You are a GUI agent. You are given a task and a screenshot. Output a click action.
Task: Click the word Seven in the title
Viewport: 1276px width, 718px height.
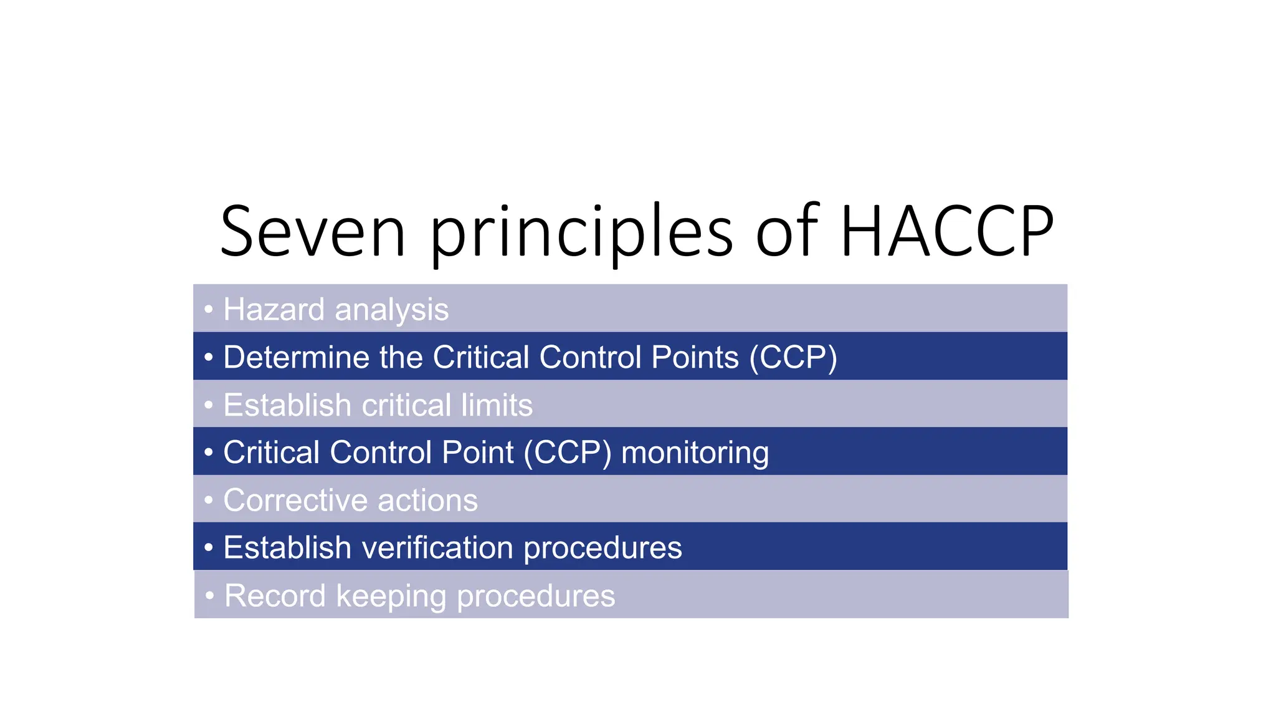click(x=313, y=232)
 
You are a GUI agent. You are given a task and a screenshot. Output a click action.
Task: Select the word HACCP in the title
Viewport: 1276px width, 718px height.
click(x=946, y=232)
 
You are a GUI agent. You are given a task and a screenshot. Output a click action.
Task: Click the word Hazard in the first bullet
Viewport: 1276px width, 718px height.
click(x=274, y=310)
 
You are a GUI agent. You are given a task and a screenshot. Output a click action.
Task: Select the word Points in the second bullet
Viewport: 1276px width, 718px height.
click(x=695, y=358)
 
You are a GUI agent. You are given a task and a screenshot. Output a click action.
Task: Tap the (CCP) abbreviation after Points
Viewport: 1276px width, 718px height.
click(x=793, y=358)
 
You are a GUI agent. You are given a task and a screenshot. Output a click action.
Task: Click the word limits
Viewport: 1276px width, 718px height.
click(x=497, y=405)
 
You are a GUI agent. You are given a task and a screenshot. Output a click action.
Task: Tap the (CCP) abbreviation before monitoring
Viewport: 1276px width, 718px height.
click(x=568, y=453)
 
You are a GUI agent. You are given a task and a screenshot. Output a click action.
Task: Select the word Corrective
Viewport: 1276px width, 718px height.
click(x=295, y=500)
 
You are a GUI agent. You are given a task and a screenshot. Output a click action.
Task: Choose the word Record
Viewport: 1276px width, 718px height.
click(x=275, y=596)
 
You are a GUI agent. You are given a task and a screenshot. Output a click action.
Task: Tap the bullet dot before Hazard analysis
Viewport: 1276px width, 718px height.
click(x=209, y=309)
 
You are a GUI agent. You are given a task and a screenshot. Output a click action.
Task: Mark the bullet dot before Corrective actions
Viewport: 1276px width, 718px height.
click(x=209, y=500)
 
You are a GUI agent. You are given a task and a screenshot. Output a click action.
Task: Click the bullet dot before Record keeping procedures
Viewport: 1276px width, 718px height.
click(x=210, y=595)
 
